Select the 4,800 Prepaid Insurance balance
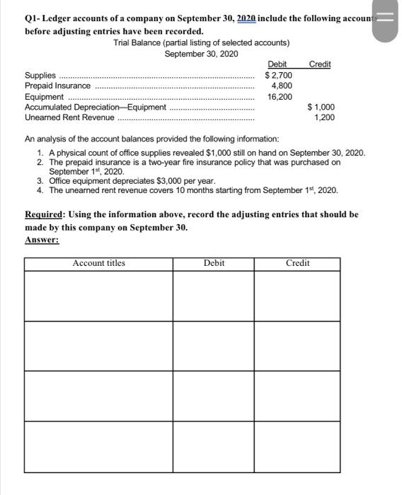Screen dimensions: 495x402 click(x=278, y=86)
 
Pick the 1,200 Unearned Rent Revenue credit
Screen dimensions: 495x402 click(x=325, y=118)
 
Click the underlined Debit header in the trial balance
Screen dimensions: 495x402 click(x=277, y=64)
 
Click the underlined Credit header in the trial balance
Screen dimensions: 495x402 click(x=320, y=64)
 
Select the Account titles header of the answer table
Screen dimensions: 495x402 click(x=98, y=263)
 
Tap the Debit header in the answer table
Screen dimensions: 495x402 click(x=214, y=263)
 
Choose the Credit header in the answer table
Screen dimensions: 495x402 click(x=297, y=263)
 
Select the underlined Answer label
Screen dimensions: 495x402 click(x=42, y=240)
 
